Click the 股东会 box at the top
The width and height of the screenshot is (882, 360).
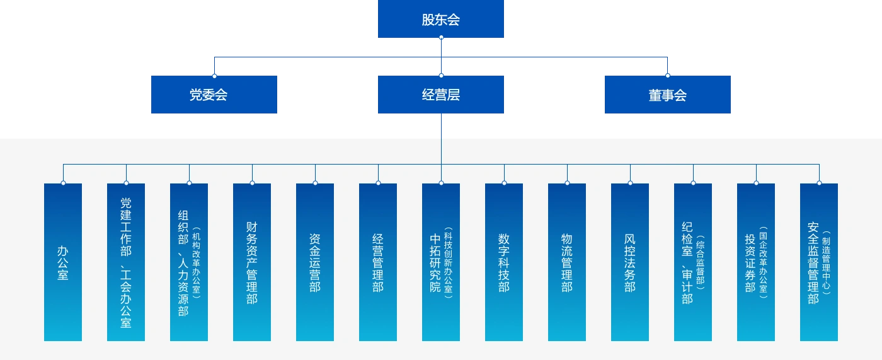441,20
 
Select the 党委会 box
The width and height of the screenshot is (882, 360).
214,95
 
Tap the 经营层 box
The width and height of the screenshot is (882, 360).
441,95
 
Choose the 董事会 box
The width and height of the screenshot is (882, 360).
668,95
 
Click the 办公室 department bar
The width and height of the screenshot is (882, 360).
63,262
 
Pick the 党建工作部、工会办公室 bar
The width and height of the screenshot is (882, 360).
126,262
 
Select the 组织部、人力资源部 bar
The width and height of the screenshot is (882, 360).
189,262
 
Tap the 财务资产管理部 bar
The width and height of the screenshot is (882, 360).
252,262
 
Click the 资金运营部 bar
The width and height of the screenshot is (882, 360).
315,262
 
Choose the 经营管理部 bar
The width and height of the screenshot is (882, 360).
378,262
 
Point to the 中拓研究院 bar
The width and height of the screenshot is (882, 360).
441,262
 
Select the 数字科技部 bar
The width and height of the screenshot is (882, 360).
504,262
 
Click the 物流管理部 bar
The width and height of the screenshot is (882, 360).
567,262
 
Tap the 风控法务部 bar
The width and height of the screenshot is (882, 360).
630,262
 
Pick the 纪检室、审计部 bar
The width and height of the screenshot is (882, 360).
693,262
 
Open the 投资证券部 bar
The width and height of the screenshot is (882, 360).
756,262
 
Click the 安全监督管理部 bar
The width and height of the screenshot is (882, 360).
819,262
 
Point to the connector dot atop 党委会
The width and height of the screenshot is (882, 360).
214,76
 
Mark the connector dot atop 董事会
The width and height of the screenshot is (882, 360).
668,76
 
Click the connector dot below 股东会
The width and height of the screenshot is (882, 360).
441,38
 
